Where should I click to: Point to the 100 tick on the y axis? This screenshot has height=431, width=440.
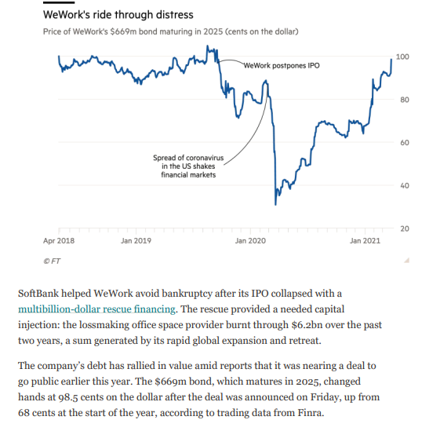click(402, 57)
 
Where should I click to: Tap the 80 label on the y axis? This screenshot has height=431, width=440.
click(402, 100)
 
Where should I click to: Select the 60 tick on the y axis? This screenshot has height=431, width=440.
click(402, 143)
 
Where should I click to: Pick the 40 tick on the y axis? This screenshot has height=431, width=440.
click(402, 186)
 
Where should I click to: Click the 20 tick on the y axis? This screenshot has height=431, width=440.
click(402, 228)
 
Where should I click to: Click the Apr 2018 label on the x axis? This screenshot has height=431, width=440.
click(59, 240)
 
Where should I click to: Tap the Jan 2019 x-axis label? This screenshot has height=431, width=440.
click(136, 240)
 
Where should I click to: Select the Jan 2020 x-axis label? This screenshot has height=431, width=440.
click(250, 240)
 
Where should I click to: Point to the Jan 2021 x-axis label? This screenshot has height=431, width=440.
click(365, 240)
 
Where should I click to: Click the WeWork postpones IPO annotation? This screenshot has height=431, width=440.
click(282, 65)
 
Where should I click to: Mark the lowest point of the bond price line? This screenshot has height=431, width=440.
click(275, 204)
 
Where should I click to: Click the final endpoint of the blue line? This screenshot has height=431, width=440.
click(391, 59)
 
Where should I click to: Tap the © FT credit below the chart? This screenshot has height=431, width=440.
click(52, 260)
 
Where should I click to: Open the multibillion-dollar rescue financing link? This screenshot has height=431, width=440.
click(98, 309)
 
